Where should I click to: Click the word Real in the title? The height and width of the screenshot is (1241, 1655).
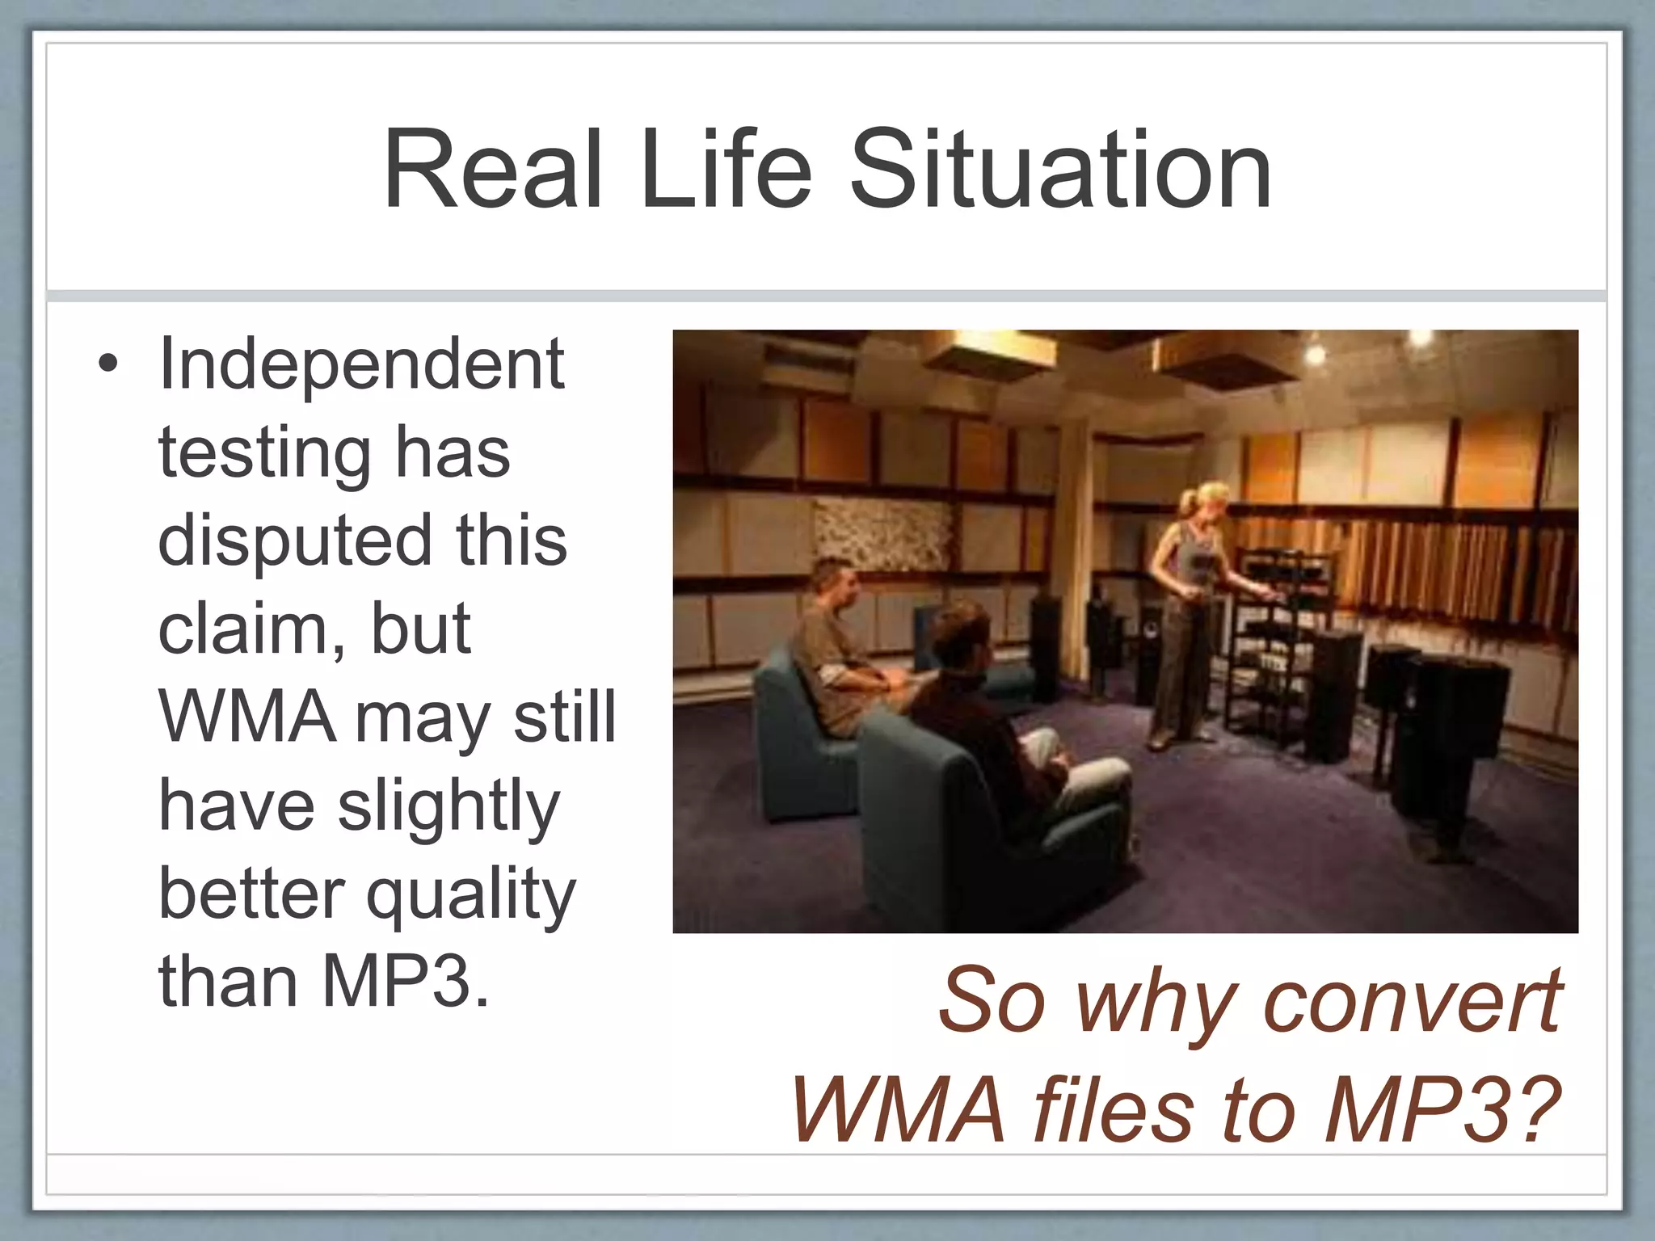tap(493, 171)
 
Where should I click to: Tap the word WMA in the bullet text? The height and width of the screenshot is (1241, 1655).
tap(246, 717)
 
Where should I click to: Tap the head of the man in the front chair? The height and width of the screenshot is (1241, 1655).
tap(962, 638)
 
